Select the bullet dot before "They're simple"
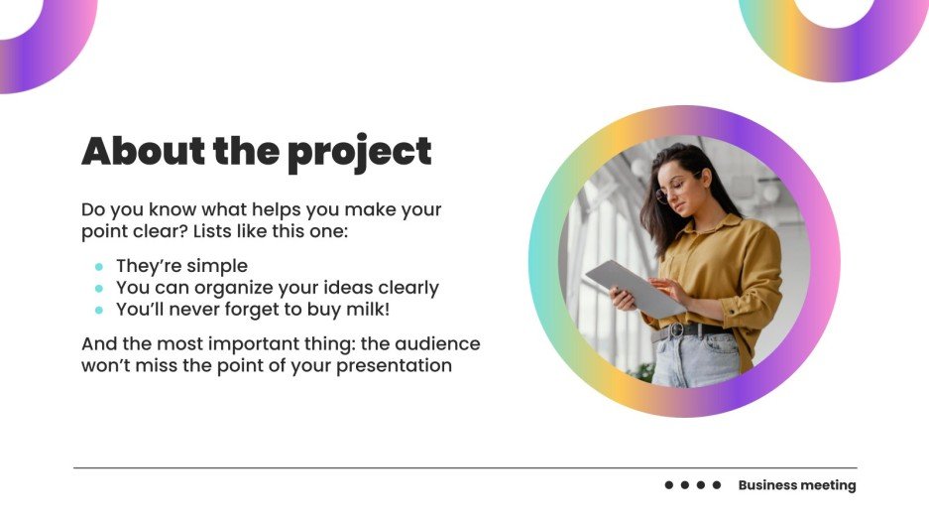tap(99, 267)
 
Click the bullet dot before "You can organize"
tap(99, 289)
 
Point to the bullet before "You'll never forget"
tap(99, 311)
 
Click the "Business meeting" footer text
tap(796, 485)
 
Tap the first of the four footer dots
tap(669, 485)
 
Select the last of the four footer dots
tap(717, 485)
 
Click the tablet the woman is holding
tap(634, 287)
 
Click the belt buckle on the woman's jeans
tap(677, 330)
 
